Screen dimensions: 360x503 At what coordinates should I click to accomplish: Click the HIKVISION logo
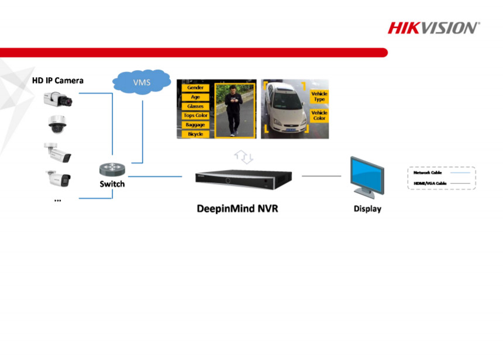click(x=434, y=28)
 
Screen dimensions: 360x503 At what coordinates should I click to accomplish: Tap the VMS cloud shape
click(x=142, y=82)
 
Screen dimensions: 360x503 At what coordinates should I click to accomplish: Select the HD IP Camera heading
click(x=58, y=80)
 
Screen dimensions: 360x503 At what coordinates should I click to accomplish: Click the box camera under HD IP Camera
click(x=58, y=99)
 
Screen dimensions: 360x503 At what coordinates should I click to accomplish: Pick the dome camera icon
click(x=58, y=124)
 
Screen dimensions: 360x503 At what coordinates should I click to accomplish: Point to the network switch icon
click(x=112, y=169)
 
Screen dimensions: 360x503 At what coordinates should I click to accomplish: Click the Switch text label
click(x=112, y=184)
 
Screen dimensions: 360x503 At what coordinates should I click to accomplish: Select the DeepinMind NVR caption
click(x=237, y=209)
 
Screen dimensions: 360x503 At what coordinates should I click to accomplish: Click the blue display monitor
click(x=367, y=176)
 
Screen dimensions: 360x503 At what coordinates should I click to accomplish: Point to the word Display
click(x=367, y=209)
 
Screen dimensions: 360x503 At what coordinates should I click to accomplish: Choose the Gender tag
click(x=195, y=88)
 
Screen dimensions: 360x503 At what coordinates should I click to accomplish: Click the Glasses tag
click(x=195, y=106)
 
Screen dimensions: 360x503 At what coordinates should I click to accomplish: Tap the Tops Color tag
click(x=195, y=116)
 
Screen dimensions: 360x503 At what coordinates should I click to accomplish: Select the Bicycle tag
click(x=195, y=134)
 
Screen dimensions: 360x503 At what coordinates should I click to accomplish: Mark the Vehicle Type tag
click(x=319, y=96)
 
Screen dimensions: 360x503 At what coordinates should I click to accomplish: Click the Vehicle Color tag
click(x=319, y=115)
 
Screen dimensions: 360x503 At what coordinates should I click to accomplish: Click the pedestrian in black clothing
click(x=234, y=110)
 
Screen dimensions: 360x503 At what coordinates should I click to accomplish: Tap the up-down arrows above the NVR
click(x=243, y=156)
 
